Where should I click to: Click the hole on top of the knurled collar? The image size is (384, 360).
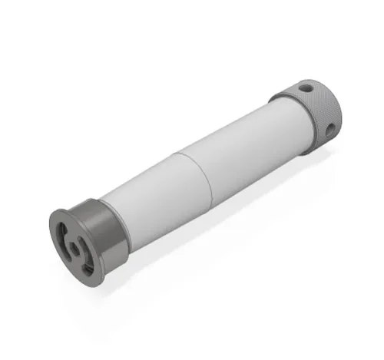pos(306,88)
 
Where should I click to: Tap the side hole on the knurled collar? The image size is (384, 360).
pos(330,130)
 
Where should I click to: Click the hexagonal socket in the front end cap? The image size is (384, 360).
pos(75,249)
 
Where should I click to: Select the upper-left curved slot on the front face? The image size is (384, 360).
pos(65,234)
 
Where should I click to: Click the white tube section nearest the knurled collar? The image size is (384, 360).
pos(246,150)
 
